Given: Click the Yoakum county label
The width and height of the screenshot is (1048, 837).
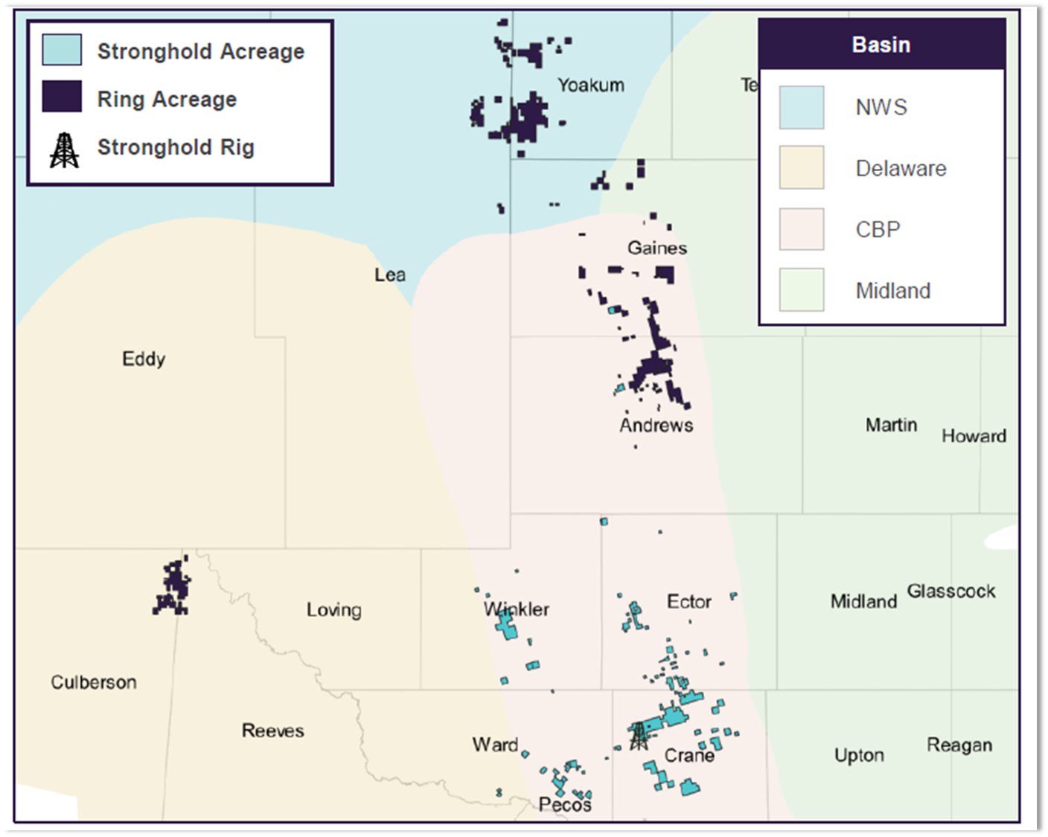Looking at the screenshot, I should tap(591, 86).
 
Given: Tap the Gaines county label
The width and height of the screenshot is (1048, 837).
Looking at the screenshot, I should tap(656, 248).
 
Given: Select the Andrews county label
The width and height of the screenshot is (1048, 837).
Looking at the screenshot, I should tap(656, 426).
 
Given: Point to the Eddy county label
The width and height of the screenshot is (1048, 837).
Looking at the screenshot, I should tap(144, 359).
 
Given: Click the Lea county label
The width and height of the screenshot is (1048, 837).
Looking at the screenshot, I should tap(390, 275).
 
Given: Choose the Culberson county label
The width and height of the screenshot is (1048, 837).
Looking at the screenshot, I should tap(94, 682).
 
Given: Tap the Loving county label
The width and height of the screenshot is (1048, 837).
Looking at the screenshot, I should tap(333, 610).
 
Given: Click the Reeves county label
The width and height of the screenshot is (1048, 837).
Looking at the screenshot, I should tap(272, 731).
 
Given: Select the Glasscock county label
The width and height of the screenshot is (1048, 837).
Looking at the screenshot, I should tap(950, 591).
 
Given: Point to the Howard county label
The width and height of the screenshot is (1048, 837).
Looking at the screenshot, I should tap(974, 436).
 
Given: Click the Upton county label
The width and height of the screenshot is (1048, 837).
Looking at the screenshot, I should tap(859, 756).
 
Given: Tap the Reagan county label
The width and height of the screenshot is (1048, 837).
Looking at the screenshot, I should tap(959, 745).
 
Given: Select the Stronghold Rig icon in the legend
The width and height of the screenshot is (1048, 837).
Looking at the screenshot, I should tap(64, 150).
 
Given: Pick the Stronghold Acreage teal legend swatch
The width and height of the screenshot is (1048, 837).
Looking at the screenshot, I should tap(62, 50).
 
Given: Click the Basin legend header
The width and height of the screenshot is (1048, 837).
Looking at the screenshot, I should tap(881, 45).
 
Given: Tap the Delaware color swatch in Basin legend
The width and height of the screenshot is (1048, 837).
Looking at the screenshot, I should tap(802, 167).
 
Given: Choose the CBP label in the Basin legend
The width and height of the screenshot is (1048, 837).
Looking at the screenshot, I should tap(878, 229).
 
